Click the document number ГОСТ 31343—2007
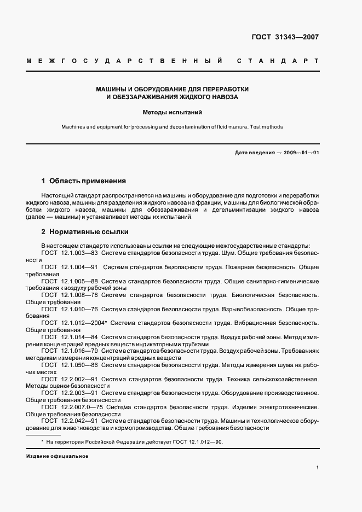284,38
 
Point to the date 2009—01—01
300,153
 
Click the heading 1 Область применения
84,181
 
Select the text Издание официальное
57,456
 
